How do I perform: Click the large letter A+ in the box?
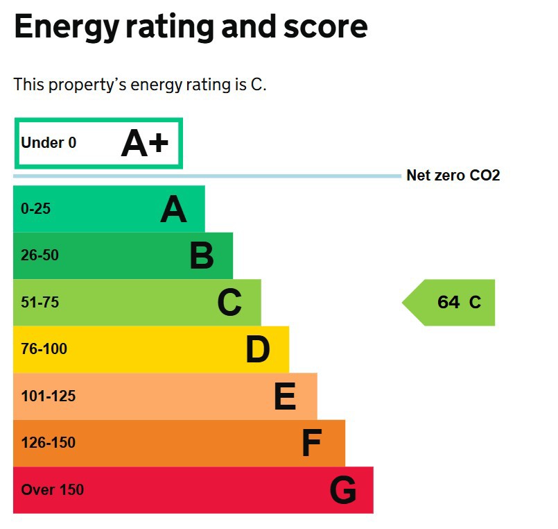pyautogui.click(x=145, y=144)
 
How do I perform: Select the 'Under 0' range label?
pyautogui.click(x=49, y=143)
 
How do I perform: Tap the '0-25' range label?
pyautogui.click(x=35, y=208)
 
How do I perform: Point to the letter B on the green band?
pyautogui.click(x=202, y=255)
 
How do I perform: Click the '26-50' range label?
pyautogui.click(x=40, y=255)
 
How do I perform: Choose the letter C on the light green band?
pyautogui.click(x=229, y=303)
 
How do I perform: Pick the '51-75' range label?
pyautogui.click(x=40, y=302)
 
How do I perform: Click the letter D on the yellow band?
pyautogui.click(x=257, y=349)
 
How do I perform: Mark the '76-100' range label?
pyautogui.click(x=44, y=349)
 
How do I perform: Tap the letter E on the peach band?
pyautogui.click(x=285, y=397)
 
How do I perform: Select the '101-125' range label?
pyautogui.click(x=48, y=396)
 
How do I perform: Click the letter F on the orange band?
pyautogui.click(x=312, y=444)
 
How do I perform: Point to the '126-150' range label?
pyautogui.click(x=48, y=443)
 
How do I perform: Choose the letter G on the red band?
pyautogui.click(x=342, y=491)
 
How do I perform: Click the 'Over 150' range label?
pyautogui.click(x=52, y=489)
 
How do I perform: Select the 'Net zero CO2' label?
pyautogui.click(x=453, y=176)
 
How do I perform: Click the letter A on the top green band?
pyautogui.click(x=173, y=209)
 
